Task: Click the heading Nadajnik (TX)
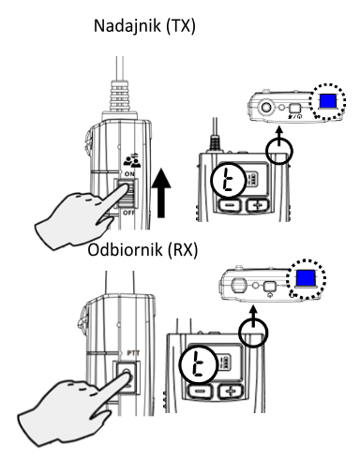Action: (144, 26)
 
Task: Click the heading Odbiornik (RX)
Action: (142, 250)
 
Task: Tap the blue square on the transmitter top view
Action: (327, 101)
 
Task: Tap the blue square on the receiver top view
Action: (306, 277)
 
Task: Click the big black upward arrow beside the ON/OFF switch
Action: (161, 193)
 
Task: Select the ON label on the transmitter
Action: (129, 174)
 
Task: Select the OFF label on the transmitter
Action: (128, 213)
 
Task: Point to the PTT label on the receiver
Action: (133, 353)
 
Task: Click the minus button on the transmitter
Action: (230, 205)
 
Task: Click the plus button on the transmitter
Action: (258, 205)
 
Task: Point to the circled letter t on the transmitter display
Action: (228, 180)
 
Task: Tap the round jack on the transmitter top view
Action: (266, 108)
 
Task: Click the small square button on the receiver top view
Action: (269, 287)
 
